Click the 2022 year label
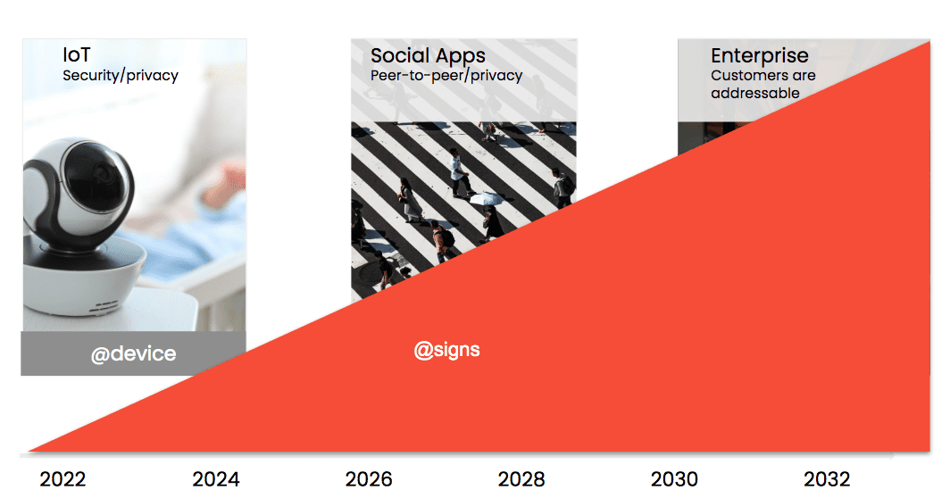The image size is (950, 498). [62, 479]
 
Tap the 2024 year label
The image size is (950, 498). [216, 479]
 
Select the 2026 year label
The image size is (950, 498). [369, 479]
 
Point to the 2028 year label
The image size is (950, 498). [521, 479]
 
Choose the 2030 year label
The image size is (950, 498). [674, 479]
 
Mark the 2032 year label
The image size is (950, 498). [827, 479]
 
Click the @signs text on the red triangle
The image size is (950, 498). [447, 350]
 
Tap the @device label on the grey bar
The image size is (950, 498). [133, 353]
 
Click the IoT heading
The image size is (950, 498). [77, 55]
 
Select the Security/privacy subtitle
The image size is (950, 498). [121, 75]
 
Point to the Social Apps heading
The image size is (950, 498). [429, 55]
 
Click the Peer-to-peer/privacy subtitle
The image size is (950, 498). [446, 75]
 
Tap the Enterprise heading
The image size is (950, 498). [760, 55]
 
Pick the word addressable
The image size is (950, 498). [755, 94]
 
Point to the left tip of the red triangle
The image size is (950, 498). [29, 451]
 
